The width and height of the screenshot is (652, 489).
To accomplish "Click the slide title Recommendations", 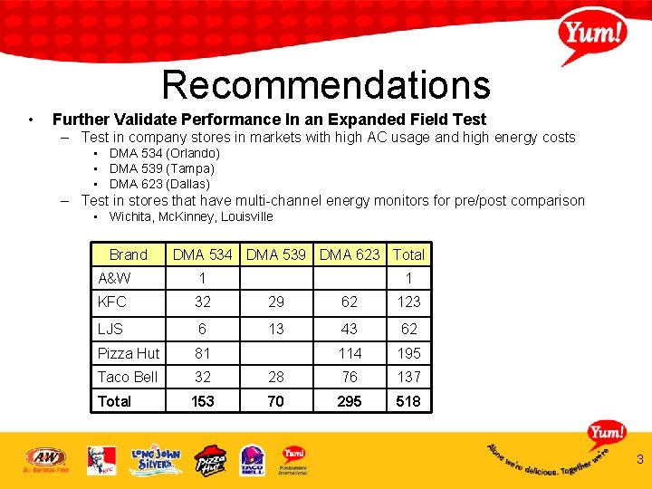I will pyautogui.click(x=326, y=85).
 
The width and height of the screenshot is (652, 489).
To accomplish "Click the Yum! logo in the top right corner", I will pyautogui.click(x=593, y=35).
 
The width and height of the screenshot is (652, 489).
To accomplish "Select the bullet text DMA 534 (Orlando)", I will pyautogui.click(x=164, y=154).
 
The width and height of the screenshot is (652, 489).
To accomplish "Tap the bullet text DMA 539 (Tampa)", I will pyautogui.click(x=161, y=168).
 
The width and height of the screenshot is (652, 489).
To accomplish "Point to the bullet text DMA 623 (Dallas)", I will pyautogui.click(x=159, y=184).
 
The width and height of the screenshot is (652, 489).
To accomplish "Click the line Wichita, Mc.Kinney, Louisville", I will pyautogui.click(x=190, y=216).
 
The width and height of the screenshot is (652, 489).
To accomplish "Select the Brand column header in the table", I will pyautogui.click(x=128, y=255).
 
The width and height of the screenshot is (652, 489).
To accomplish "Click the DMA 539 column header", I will pyautogui.click(x=276, y=255).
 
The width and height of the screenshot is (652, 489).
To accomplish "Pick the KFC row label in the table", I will pyautogui.click(x=112, y=302).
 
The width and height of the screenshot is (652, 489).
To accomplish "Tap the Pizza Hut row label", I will pyautogui.click(x=128, y=353).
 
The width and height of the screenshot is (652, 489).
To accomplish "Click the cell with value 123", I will pyautogui.click(x=408, y=302).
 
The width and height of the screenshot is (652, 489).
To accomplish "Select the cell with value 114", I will pyautogui.click(x=350, y=353).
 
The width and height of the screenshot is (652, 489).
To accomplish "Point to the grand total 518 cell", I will pyautogui.click(x=408, y=401).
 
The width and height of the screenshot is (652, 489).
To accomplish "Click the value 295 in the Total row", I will pyautogui.click(x=350, y=401).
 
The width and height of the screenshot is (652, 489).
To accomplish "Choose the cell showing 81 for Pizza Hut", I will pyautogui.click(x=203, y=353).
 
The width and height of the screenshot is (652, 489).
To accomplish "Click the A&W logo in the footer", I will pyautogui.click(x=45, y=459).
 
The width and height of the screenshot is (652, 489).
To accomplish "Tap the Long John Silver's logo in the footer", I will pyautogui.click(x=156, y=460).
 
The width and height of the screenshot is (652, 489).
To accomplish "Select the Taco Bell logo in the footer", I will pyautogui.click(x=252, y=460).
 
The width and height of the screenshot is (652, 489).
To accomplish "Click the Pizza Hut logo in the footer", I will pyautogui.click(x=210, y=460).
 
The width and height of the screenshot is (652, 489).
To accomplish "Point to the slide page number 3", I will pyautogui.click(x=639, y=460).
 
